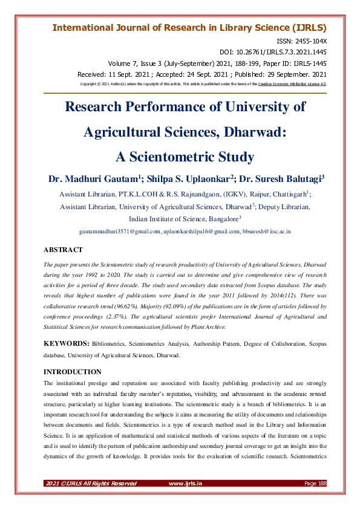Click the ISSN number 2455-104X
click(312, 41)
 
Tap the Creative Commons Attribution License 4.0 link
click(292, 83)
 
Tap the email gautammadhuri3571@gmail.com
click(120, 232)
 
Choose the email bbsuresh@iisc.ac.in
click(266, 232)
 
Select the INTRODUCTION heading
click(73, 371)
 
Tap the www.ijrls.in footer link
click(185, 483)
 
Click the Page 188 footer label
click(315, 483)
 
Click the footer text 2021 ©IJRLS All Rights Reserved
click(91, 483)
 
